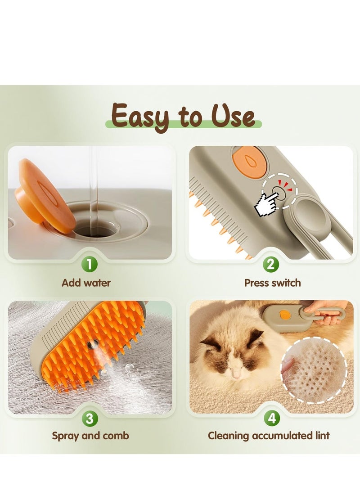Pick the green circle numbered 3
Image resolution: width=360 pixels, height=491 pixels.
(x=90, y=419)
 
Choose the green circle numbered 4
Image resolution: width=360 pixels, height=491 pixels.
(x=270, y=419)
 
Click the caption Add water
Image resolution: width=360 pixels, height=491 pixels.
(x=85, y=283)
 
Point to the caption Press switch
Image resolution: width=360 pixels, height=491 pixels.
(x=272, y=283)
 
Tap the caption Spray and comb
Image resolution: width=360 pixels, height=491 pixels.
(x=90, y=436)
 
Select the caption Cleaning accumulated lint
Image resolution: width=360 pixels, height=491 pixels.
(x=269, y=436)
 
